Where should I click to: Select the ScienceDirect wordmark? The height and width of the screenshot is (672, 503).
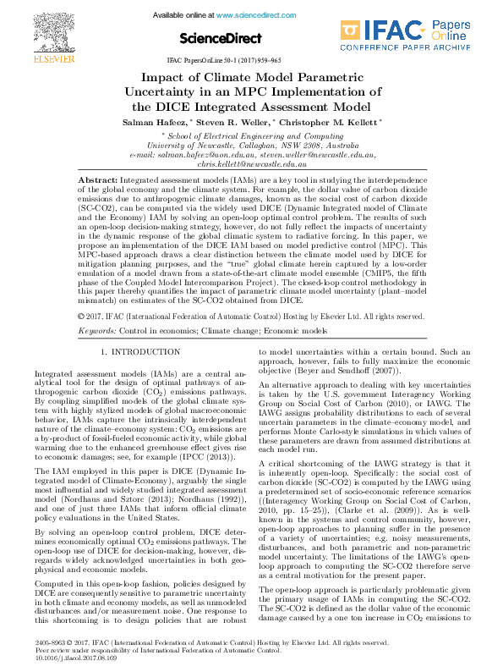[x=227, y=38]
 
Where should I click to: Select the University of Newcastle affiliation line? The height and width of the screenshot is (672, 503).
[x=252, y=145]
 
